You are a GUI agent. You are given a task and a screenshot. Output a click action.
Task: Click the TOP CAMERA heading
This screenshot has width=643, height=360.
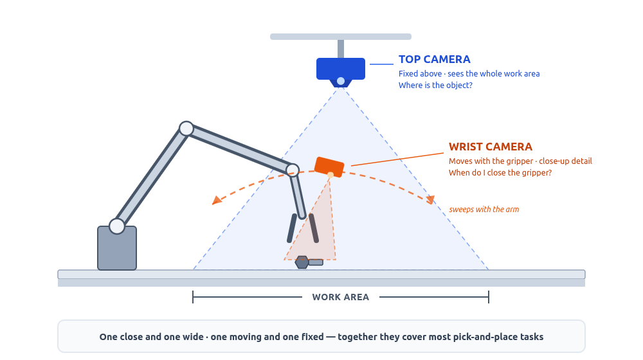[x=434, y=59]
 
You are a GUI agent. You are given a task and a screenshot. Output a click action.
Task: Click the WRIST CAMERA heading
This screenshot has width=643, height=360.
[x=490, y=147]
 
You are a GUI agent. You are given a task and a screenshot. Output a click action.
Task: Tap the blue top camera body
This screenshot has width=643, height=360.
[x=340, y=69]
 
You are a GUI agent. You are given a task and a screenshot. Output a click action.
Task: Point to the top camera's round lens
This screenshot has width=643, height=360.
[x=341, y=81]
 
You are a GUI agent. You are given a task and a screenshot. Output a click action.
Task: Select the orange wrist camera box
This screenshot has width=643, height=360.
[x=329, y=166]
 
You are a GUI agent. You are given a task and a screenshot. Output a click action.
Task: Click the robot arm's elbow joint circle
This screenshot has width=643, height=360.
[x=186, y=129]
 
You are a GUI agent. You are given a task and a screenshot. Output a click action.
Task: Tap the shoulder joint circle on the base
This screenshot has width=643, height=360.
[x=117, y=226]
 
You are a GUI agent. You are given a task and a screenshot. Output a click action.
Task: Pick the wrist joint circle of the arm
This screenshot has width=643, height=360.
[x=293, y=170]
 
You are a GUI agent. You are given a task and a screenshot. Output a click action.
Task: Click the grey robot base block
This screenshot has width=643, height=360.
[x=117, y=249]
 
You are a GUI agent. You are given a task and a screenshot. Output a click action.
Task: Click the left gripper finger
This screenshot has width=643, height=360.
[x=292, y=228]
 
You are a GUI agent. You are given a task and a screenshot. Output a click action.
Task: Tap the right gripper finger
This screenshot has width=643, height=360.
[x=314, y=228]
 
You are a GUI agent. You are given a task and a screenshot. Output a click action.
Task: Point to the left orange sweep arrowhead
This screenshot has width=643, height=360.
[x=216, y=200]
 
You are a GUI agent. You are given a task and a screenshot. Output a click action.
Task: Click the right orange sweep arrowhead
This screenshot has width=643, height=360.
[x=431, y=200]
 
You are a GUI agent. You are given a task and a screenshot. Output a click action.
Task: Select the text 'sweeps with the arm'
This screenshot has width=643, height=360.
[x=484, y=210]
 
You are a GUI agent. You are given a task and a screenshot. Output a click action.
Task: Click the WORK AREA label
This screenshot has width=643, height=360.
[x=340, y=297]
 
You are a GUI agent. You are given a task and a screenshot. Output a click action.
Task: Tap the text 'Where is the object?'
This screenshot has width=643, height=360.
[x=435, y=85]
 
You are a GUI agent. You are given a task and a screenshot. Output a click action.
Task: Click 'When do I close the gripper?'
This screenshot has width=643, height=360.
[x=500, y=173]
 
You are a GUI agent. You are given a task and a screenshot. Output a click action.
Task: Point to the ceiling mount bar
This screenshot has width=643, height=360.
[x=341, y=37]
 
